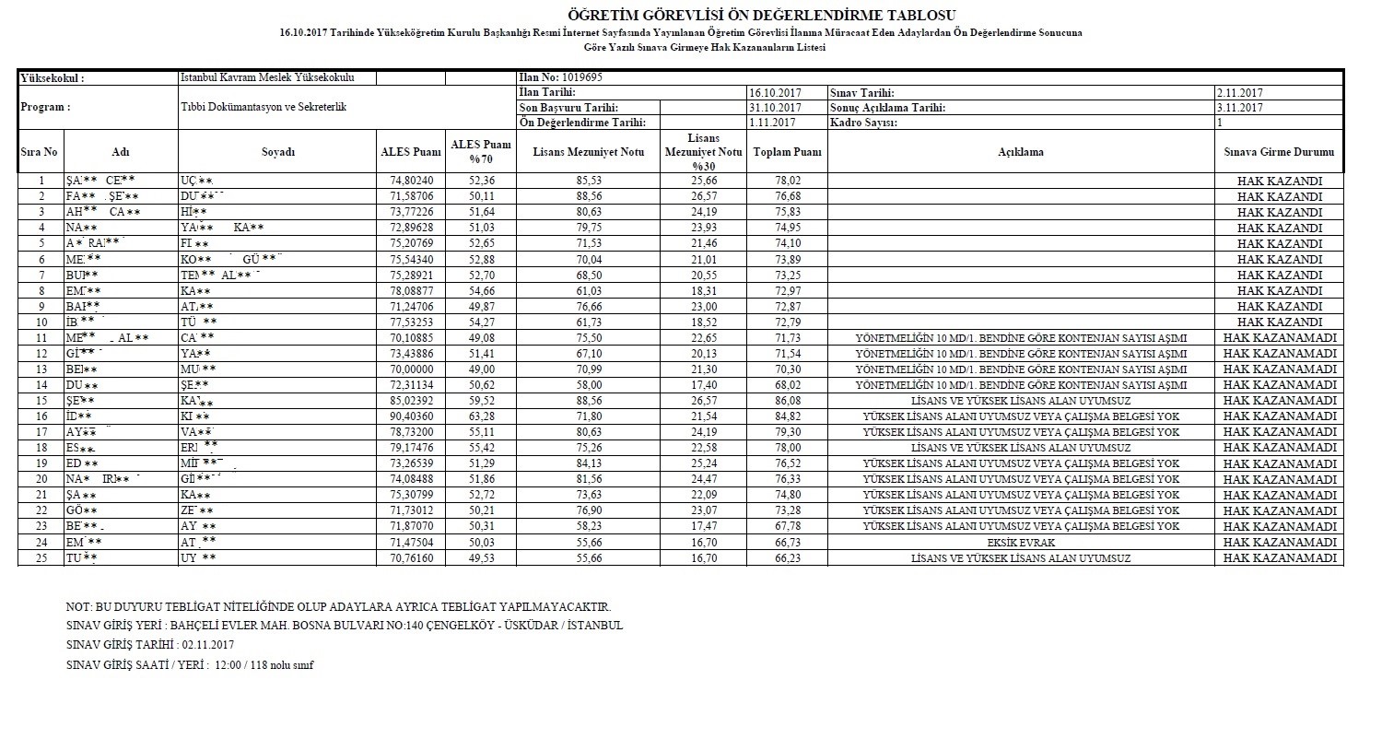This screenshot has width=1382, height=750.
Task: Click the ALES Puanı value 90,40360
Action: (411, 416)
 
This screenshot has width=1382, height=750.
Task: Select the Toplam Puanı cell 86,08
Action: (787, 401)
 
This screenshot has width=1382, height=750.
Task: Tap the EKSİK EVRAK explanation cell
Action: (1020, 543)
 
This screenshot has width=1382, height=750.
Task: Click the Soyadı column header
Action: (277, 152)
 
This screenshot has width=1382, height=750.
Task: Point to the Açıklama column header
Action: (1020, 152)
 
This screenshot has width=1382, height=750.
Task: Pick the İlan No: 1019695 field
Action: (562, 78)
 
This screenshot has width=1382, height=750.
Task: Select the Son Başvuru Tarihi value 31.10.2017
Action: (773, 108)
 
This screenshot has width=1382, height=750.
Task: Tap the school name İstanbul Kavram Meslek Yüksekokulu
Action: (267, 78)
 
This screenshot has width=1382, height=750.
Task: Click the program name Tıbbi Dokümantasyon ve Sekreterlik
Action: (263, 108)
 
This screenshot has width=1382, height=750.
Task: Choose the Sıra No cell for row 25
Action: (41, 558)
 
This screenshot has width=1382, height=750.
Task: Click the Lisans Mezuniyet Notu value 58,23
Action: (588, 527)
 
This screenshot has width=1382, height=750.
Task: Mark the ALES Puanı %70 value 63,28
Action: (481, 416)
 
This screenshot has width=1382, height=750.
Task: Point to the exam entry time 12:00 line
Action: (190, 665)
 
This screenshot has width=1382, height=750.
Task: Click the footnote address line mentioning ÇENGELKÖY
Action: (345, 626)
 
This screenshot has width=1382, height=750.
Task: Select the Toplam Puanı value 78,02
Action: (787, 182)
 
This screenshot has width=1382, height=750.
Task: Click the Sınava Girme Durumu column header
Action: (1279, 152)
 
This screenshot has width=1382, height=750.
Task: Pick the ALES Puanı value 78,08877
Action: (411, 291)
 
